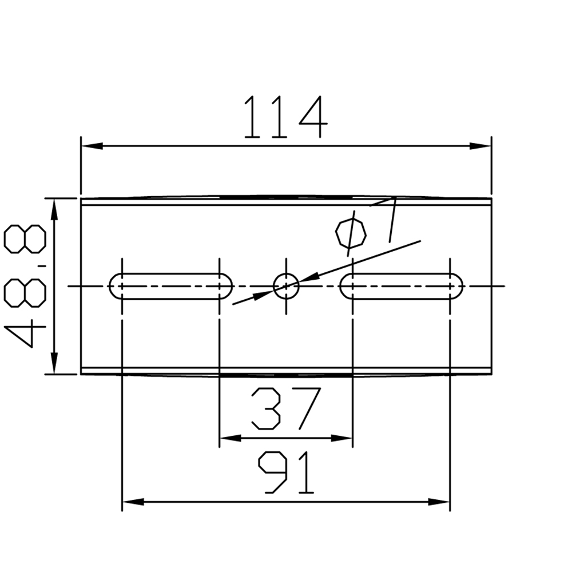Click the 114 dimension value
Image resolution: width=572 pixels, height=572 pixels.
(285, 118)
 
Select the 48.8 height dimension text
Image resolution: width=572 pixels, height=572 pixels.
(25, 286)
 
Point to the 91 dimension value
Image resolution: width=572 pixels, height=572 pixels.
(287, 472)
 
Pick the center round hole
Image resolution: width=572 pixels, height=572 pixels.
(286, 285)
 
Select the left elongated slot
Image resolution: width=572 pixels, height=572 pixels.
(170, 285)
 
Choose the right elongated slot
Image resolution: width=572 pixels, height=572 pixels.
(402, 285)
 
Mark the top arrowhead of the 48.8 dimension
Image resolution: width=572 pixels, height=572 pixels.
(54, 209)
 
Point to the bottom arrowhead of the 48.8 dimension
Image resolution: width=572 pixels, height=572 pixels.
(54, 364)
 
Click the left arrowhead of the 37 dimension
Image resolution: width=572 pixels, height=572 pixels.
(231, 438)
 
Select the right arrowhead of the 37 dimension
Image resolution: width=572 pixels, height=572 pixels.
(341, 438)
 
